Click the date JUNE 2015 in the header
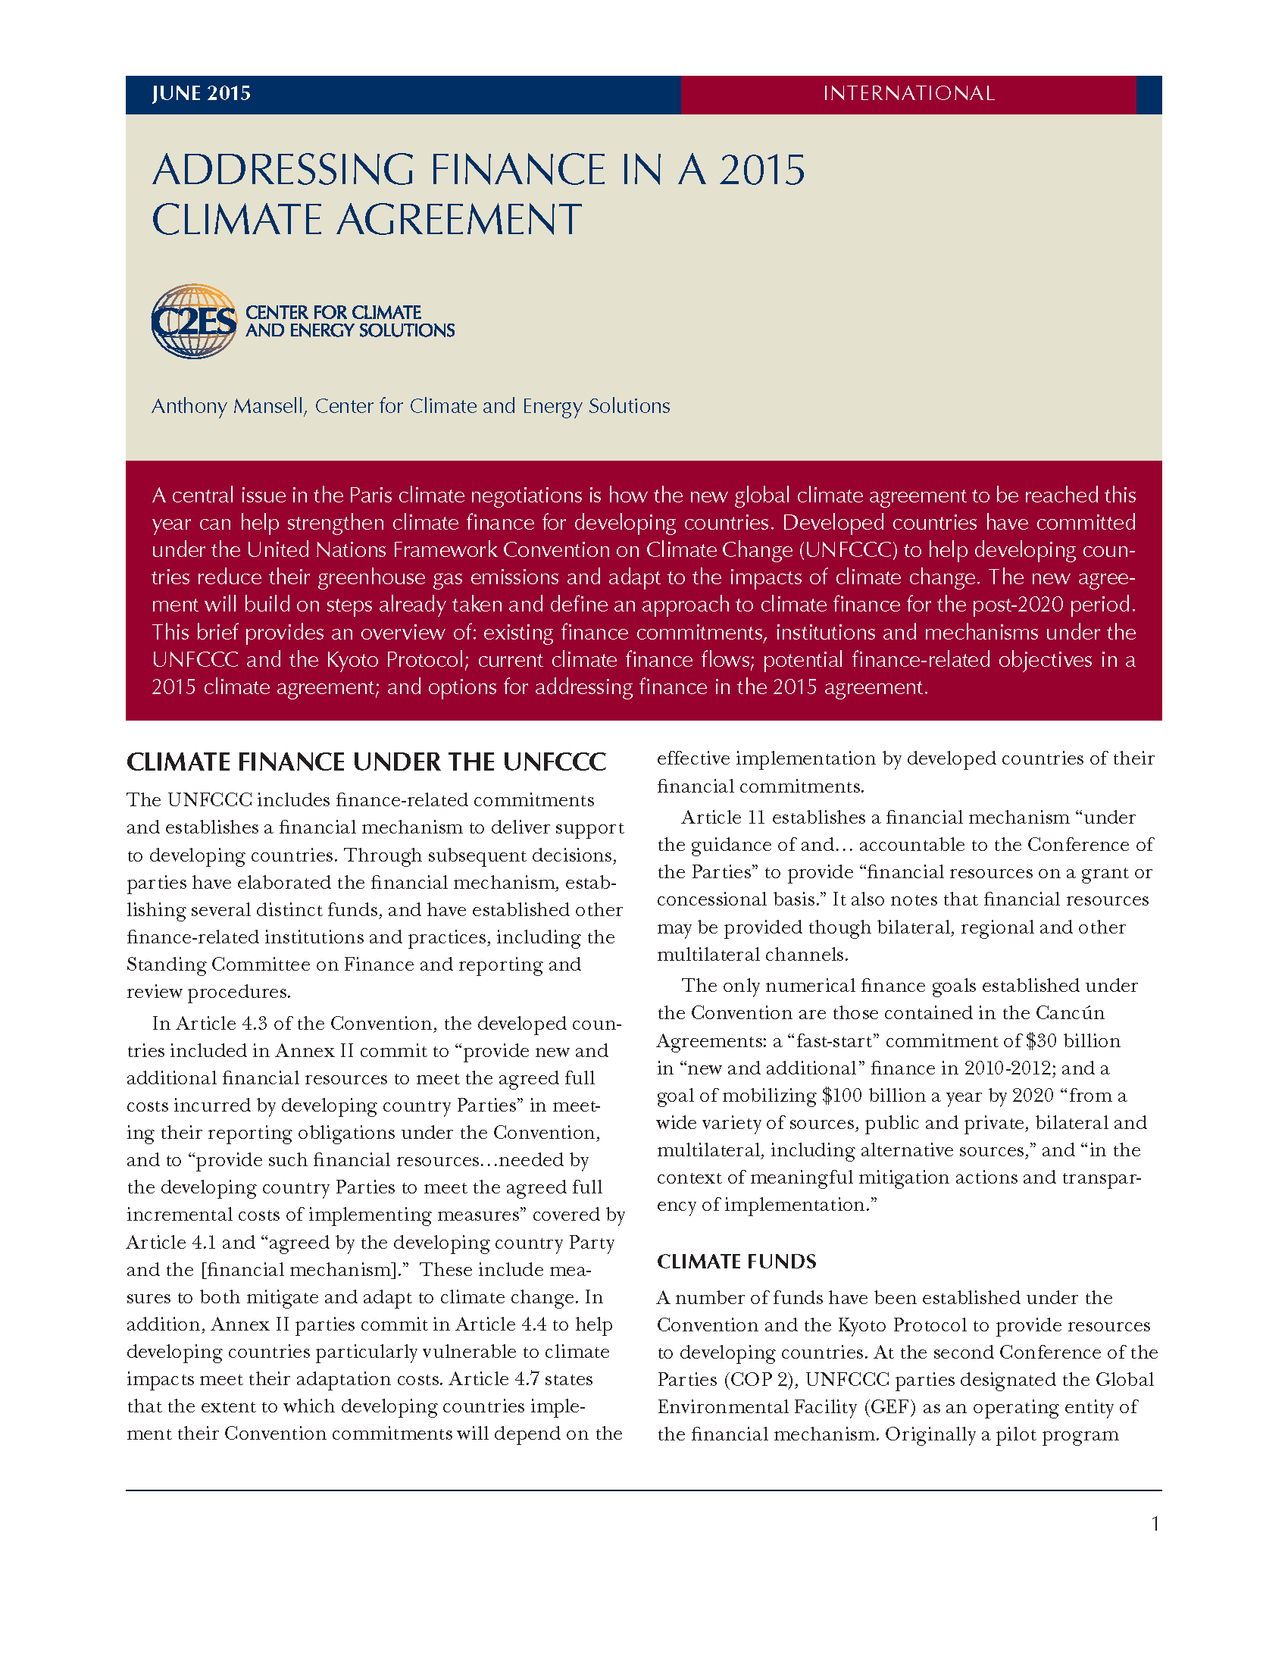coord(201,93)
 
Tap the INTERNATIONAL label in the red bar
coord(908,93)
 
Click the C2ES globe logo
coord(194,321)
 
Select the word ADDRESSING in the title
coord(283,170)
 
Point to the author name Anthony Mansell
coord(228,406)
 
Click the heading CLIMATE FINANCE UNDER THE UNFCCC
coord(366,762)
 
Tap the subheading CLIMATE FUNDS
coord(736,1262)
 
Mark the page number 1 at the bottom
coord(1155,1525)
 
